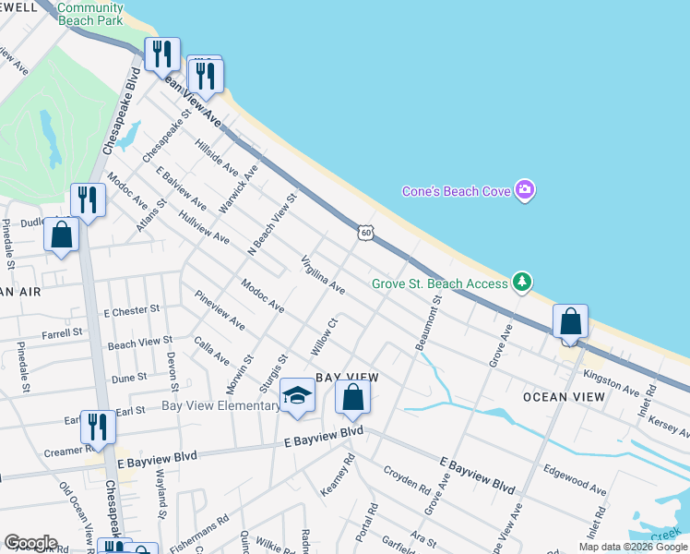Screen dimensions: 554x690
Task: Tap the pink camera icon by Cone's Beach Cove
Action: pos(525,190)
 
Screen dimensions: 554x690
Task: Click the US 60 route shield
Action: pos(366,233)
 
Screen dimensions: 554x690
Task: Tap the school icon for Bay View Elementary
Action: pos(297,395)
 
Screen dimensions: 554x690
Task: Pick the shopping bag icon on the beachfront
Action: pos(571,322)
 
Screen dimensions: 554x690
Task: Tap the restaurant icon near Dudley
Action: pos(88,199)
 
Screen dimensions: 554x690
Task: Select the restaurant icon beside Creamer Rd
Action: pos(97,426)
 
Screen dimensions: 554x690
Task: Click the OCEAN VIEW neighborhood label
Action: pos(564,397)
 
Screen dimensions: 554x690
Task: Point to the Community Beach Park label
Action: pos(90,13)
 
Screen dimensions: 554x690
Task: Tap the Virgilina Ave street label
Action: pos(322,275)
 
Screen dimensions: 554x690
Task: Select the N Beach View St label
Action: pos(272,224)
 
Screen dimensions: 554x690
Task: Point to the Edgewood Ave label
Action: pos(575,480)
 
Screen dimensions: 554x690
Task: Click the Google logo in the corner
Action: pos(30,542)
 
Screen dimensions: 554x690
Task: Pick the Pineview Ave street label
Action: pos(220,311)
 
